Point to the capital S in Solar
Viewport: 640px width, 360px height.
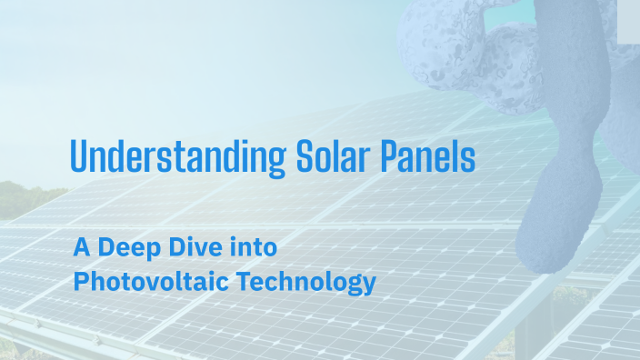click(305, 157)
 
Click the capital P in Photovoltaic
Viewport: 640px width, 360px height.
click(80, 282)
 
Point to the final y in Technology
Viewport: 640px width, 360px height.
click(369, 285)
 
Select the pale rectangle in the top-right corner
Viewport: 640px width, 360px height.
click(628, 20)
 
